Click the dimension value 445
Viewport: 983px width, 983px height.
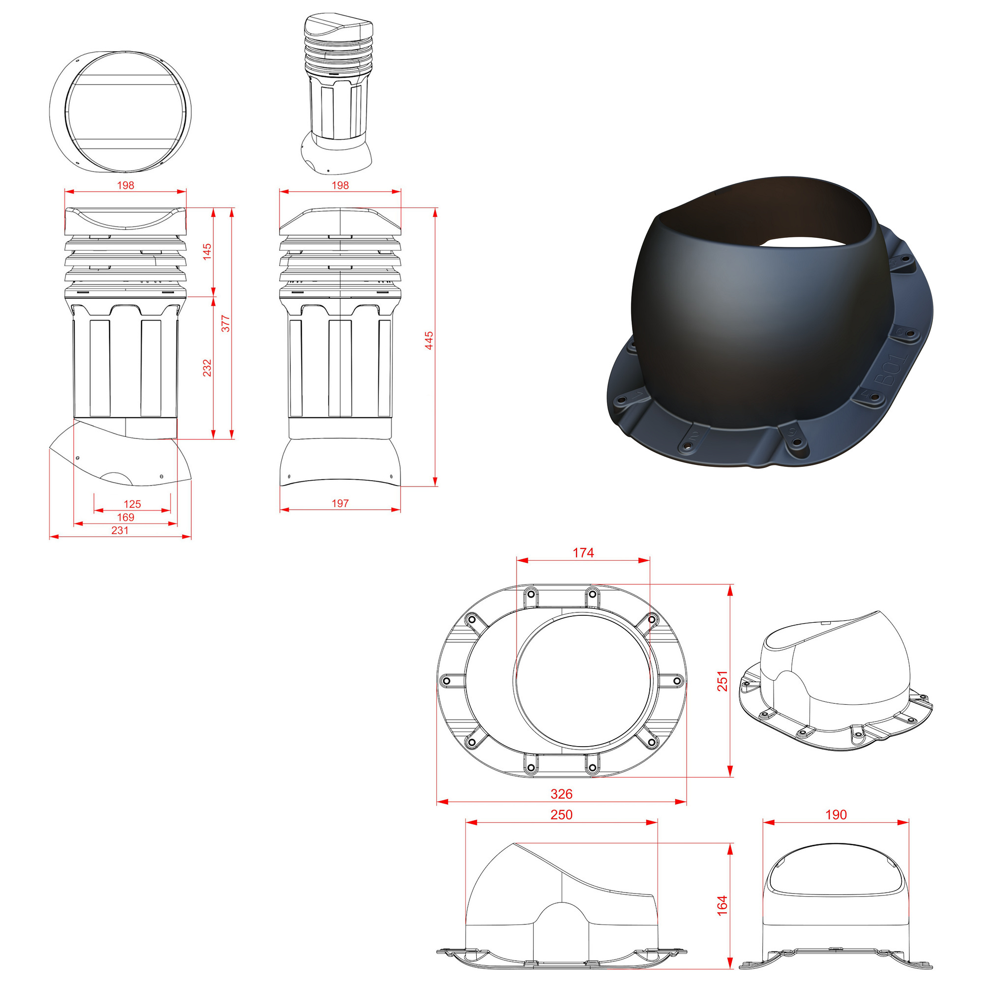pos(429,341)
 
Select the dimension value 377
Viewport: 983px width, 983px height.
pos(226,323)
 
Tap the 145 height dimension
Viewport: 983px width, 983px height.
pos(207,252)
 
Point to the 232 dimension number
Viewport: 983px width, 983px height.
pos(207,368)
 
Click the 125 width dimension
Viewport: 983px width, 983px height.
pos(132,504)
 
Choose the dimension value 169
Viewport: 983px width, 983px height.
pos(126,517)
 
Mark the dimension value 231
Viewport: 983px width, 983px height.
pos(120,530)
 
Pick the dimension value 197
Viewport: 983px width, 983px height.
pos(341,503)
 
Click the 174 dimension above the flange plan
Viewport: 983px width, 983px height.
pos(583,552)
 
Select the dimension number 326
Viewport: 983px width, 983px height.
pos(562,794)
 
